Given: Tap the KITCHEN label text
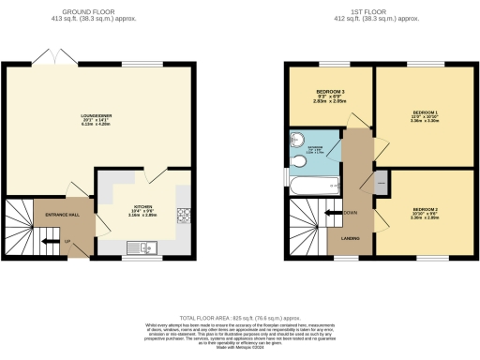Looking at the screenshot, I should pyautogui.click(x=142, y=207).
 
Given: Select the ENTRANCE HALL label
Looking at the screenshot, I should pyautogui.click(x=62, y=216).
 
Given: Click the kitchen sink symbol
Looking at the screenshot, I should pyautogui.click(x=145, y=247).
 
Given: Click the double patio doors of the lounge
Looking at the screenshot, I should pyautogui.click(x=52, y=59).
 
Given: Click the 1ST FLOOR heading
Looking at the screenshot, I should pyautogui.click(x=379, y=11).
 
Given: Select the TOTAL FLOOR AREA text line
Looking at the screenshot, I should pyautogui.click(x=239, y=318).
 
